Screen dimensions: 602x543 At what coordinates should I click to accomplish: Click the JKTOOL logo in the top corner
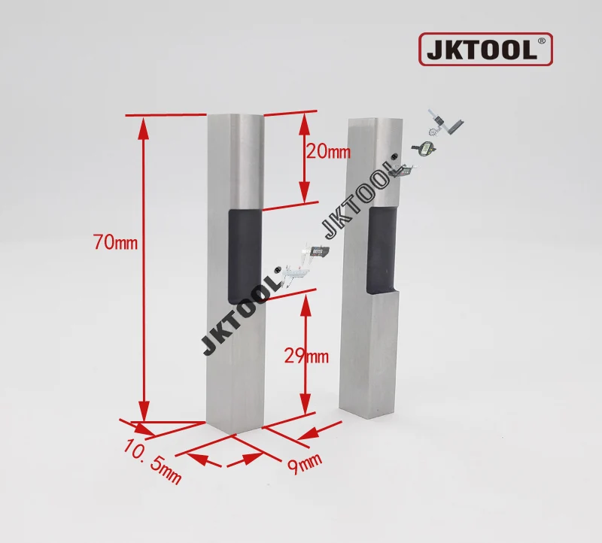485,49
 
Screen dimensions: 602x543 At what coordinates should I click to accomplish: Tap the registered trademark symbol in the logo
541,41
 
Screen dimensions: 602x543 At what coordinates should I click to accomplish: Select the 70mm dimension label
116,242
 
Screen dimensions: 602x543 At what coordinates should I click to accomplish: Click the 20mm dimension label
329,152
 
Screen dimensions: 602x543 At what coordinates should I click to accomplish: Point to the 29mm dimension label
306,356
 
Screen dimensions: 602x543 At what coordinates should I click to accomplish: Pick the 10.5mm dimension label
153,462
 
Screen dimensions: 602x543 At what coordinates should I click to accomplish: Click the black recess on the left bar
245,256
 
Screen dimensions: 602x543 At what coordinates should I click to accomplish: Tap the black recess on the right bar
382,250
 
